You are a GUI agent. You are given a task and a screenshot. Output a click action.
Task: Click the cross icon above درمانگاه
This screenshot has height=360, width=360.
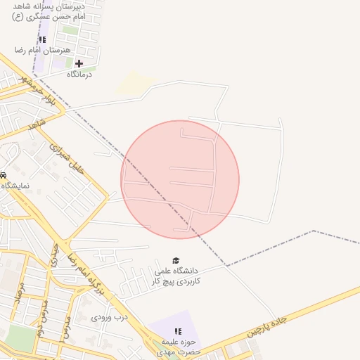pos(79,63)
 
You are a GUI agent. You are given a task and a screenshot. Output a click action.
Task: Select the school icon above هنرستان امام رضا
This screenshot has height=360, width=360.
pos(42,40)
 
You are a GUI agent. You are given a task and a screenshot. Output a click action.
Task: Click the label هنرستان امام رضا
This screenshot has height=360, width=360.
pos(43,51)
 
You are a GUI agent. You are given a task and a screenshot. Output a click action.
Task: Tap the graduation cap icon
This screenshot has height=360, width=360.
pos(176,260)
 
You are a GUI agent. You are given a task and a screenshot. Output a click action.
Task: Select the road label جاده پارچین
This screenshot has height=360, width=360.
pos(269,326)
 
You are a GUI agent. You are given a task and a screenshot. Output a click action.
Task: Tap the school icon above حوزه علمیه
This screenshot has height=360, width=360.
pos(177,331)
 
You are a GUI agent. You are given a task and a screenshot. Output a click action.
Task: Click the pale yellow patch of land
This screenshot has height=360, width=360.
pos(134,83)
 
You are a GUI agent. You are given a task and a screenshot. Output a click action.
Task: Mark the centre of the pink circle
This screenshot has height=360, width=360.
pos(180,179)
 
